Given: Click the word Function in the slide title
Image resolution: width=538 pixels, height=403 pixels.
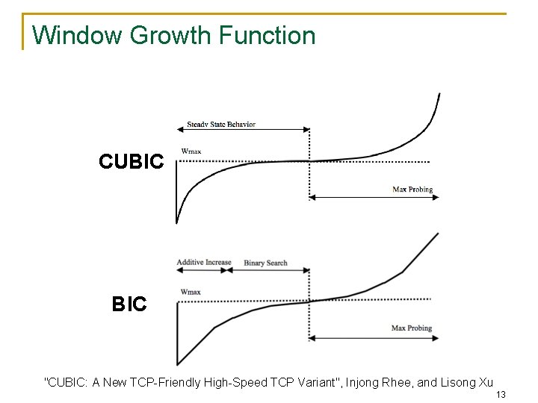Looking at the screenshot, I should pyautogui.click(x=268, y=35).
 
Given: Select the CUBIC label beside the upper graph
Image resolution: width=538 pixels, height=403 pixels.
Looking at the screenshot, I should pyautogui.click(x=131, y=161).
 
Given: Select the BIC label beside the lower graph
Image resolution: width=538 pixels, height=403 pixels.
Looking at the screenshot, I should pyautogui.click(x=129, y=304).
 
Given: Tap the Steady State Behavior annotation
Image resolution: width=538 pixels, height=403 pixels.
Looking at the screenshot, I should pyautogui.click(x=221, y=125).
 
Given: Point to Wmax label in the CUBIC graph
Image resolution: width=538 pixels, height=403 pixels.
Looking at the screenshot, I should pyautogui.click(x=191, y=151).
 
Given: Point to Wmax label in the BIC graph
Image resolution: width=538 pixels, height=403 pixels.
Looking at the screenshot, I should pyautogui.click(x=191, y=292).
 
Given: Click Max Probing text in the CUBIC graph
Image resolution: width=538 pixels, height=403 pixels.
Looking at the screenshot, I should pyautogui.click(x=412, y=190).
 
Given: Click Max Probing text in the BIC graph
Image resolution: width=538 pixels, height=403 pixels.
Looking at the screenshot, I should pyautogui.click(x=412, y=328).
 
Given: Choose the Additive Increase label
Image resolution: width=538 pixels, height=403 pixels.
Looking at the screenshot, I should pyautogui.click(x=204, y=263).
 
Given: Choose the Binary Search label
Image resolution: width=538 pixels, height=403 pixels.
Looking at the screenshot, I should pyautogui.click(x=265, y=263).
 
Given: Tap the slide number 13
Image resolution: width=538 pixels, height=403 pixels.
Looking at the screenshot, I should pyautogui.click(x=501, y=395).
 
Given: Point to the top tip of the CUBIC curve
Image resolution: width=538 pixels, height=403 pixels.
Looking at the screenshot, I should pyautogui.click(x=439, y=94).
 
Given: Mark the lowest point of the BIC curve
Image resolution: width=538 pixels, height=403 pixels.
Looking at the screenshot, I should pyautogui.click(x=179, y=364).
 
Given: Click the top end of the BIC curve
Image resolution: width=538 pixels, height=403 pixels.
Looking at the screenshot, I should pyautogui.click(x=438, y=234).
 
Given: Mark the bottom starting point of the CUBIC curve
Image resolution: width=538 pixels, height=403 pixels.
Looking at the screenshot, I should pyautogui.click(x=177, y=222).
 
